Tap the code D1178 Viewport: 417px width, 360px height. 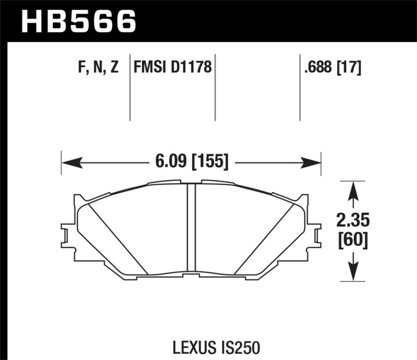(192, 68)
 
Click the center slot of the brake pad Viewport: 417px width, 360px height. (191, 228)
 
